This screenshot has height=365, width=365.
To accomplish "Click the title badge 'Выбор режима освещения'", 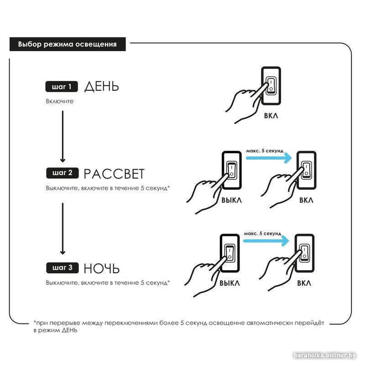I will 67,44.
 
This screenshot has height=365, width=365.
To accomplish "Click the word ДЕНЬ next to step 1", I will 101,86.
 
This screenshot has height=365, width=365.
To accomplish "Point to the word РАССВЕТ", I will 114,174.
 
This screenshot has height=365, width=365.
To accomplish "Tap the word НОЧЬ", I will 102,267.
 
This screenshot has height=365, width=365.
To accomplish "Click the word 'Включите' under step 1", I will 59,101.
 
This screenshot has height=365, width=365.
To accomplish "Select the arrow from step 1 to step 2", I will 63,137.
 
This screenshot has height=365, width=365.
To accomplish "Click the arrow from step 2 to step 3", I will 63,228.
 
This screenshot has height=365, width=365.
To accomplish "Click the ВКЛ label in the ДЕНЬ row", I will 271,116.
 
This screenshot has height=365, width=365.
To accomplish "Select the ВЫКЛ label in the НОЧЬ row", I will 230,283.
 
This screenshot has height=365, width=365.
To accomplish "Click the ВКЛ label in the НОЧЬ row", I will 304,283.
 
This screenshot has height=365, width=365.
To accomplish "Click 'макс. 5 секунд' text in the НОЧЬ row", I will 262,233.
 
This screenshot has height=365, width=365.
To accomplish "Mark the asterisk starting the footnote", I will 35,323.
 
